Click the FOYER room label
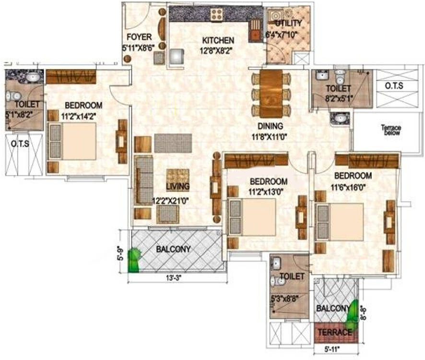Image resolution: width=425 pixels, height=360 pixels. pos(139,37)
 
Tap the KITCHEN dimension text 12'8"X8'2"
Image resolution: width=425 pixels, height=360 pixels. pos(217,49)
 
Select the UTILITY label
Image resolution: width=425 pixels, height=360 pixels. pos(287,24)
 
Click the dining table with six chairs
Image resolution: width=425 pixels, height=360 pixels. pos(271,94)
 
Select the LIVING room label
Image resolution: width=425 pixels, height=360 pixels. pos(178,186)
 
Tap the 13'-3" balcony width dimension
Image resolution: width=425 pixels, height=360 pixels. pos(175,276)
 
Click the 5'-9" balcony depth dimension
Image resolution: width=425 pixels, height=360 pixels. pos(121,251)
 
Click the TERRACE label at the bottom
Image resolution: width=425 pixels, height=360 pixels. pos(337,332)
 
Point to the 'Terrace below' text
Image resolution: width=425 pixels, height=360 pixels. pos(390,130)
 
